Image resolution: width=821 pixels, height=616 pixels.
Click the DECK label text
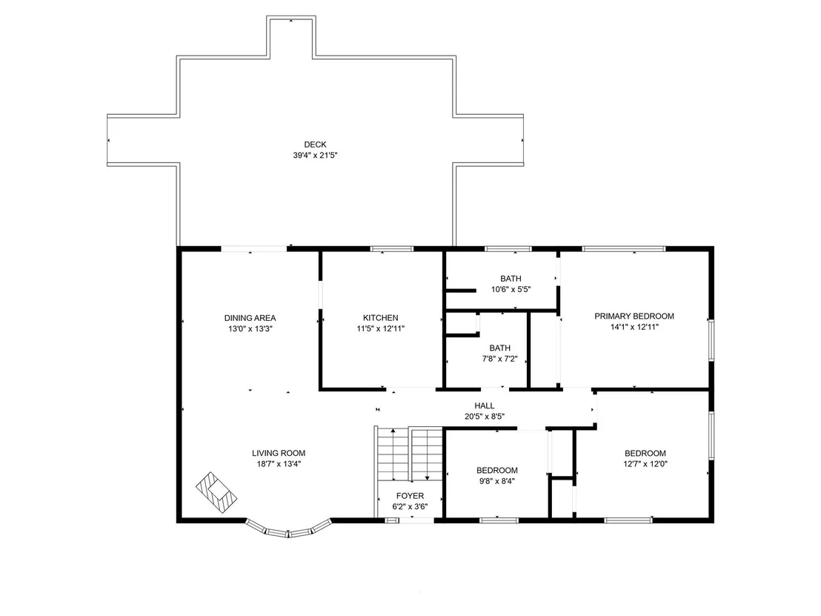coord(315,145)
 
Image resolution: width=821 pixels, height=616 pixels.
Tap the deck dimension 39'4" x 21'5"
coord(315,156)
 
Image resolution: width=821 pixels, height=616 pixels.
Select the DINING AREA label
coord(250,318)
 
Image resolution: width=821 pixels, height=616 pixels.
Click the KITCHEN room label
coord(381,318)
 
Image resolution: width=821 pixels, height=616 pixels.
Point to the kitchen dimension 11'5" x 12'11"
coord(381,329)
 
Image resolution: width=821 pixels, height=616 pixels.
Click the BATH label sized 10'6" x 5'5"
coord(511,279)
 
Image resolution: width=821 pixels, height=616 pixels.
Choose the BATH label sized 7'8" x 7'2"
coord(500,348)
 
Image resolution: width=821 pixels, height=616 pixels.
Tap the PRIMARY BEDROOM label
coord(634,317)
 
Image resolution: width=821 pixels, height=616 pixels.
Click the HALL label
coord(485,405)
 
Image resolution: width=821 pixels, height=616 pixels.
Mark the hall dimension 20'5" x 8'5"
coord(485,417)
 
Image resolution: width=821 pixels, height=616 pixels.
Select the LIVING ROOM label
coord(279,453)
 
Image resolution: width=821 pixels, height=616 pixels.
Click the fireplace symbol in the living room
coord(216,493)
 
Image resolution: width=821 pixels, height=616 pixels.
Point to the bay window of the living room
coord(288,529)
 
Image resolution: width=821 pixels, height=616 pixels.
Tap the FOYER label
coord(410,495)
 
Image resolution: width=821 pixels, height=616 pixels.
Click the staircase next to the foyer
coord(410,454)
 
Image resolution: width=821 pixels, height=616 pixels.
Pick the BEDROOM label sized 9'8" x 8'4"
coord(497,471)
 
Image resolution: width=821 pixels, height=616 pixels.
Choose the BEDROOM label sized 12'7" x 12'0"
coord(645,454)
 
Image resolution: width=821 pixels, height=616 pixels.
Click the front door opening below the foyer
coord(416,520)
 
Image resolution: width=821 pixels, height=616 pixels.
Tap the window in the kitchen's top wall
coord(392,249)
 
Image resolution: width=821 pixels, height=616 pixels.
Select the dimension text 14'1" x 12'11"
coord(634,328)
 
